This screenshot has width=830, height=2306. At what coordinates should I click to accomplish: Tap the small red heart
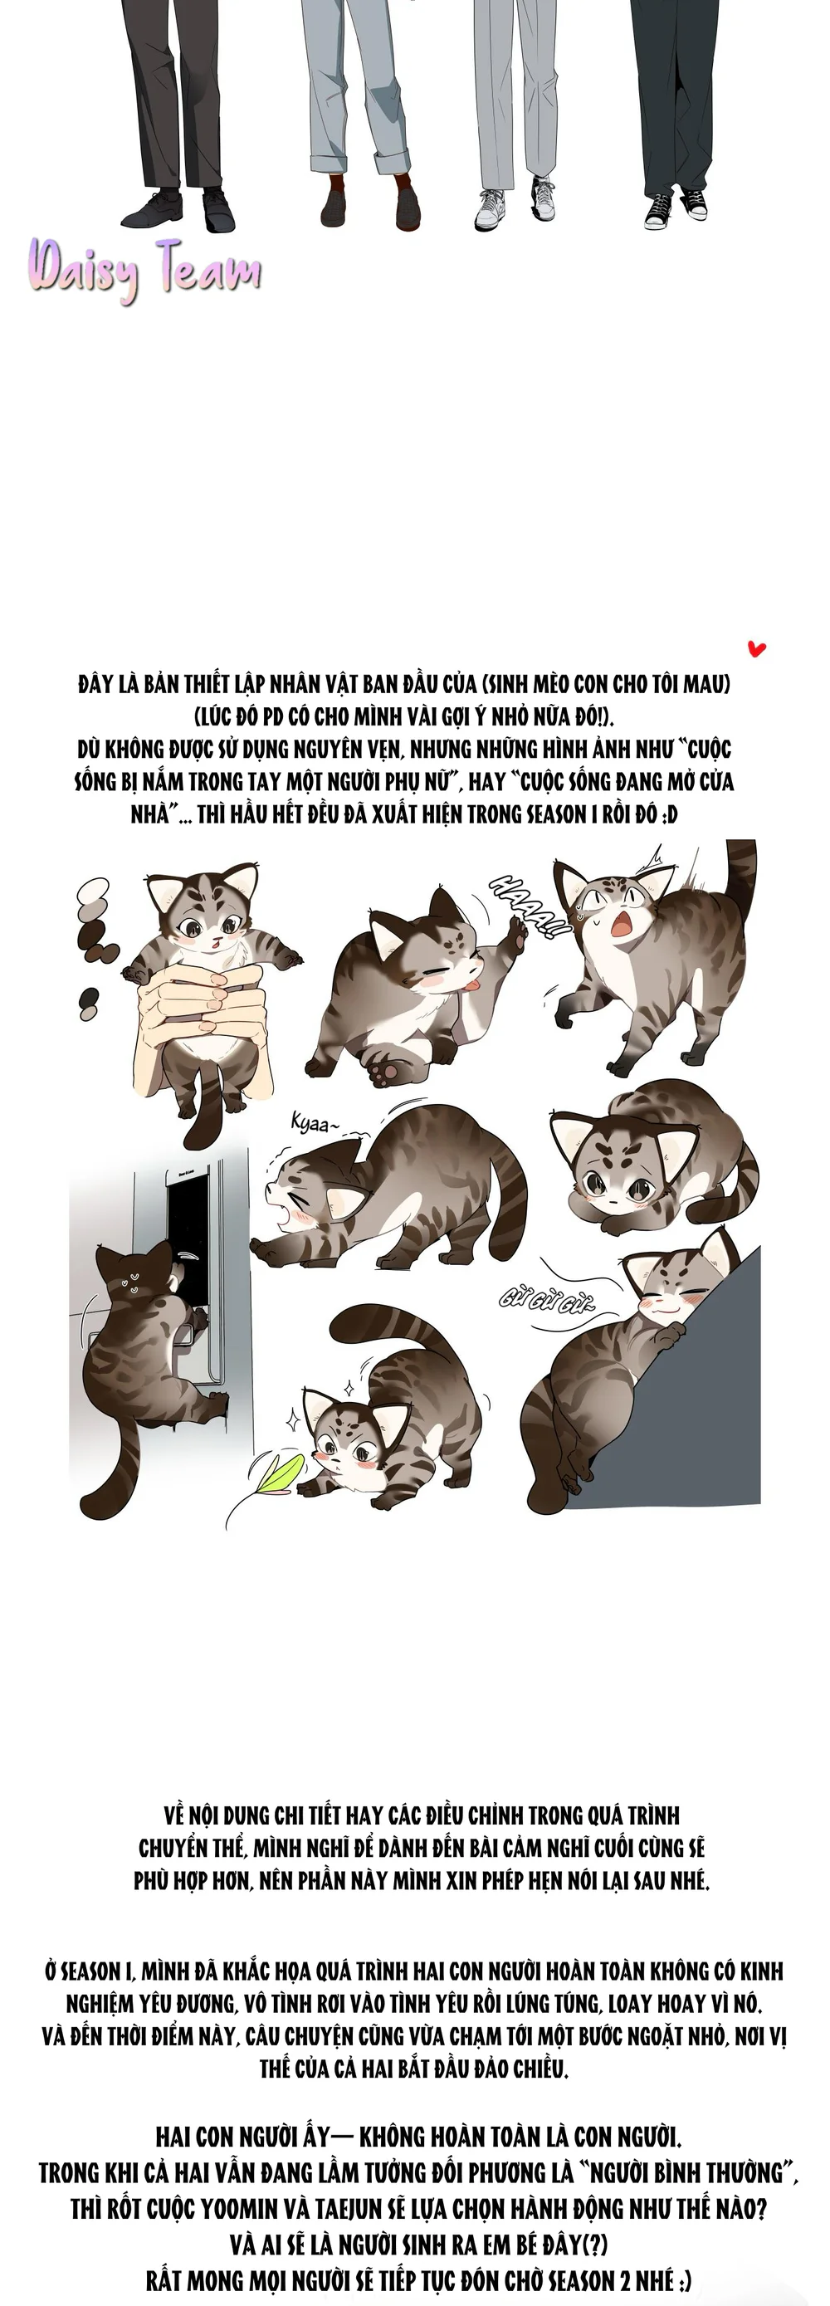(757, 648)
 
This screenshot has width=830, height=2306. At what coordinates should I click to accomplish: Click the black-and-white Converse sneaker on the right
(694, 204)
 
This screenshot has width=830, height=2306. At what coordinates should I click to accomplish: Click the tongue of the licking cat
(468, 987)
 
